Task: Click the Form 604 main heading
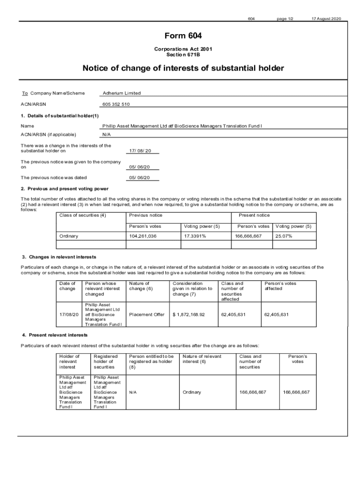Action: tap(183, 36)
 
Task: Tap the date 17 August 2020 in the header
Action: tap(327, 19)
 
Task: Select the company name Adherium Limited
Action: tap(122, 93)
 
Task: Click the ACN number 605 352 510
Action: tap(116, 104)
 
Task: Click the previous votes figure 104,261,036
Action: tap(143, 236)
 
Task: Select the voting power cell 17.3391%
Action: tap(195, 236)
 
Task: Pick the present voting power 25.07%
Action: tap(283, 236)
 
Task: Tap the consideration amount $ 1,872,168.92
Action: tap(188, 314)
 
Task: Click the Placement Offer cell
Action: tap(147, 314)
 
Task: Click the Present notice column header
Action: tap(254, 215)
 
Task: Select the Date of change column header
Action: tap(67, 286)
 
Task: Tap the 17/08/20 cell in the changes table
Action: tap(69, 314)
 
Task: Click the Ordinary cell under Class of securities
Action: tap(69, 236)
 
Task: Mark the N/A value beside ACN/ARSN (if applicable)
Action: tap(106, 134)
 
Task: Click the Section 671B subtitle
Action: tap(183, 55)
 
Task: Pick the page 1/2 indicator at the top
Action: tap(285, 19)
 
